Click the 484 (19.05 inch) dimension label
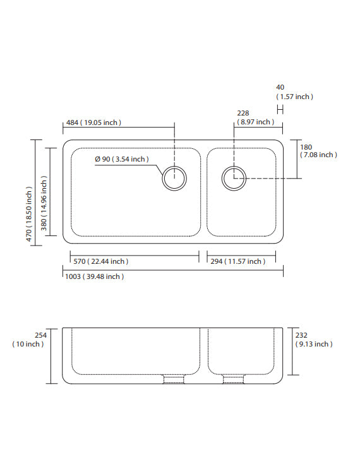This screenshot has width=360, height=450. [93, 122]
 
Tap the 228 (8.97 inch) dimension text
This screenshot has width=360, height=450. [256, 117]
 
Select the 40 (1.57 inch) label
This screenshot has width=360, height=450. [294, 92]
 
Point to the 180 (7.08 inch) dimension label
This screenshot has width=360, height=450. [318, 151]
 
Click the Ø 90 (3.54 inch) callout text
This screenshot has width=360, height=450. [122, 159]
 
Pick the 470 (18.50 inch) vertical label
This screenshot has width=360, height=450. [29, 214]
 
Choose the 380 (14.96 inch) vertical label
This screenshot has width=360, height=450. [44, 203]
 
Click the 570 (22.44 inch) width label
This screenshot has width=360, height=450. [101, 261]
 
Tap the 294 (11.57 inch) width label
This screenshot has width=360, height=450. [237, 261]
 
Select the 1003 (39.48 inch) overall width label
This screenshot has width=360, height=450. [95, 276]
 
